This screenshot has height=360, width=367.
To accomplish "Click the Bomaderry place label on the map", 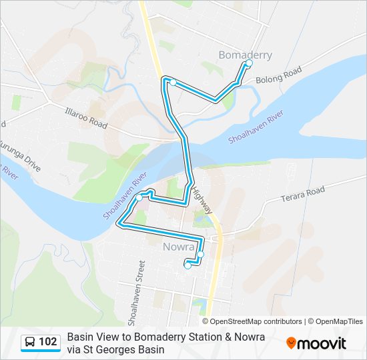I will click(x=246, y=55).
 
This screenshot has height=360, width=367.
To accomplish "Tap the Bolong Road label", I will click(x=279, y=75).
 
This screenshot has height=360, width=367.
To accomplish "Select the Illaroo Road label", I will click(x=86, y=119).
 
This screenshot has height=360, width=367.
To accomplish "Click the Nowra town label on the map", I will click(x=177, y=246).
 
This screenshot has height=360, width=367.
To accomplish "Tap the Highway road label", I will click(x=202, y=199).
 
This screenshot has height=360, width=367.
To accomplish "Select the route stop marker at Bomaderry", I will click(x=249, y=63).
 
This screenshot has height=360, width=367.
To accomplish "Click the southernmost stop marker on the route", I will click(x=188, y=266).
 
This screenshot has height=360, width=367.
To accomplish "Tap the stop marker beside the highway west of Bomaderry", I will click(x=173, y=83).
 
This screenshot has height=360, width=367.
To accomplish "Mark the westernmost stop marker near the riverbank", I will click(x=139, y=197).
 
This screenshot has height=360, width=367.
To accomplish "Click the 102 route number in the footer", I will click(x=48, y=343).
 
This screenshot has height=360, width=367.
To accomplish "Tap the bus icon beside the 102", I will click(x=31, y=343).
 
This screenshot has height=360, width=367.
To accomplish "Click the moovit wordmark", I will click(x=323, y=343).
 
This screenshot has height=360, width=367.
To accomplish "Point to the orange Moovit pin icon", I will click(x=291, y=343).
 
